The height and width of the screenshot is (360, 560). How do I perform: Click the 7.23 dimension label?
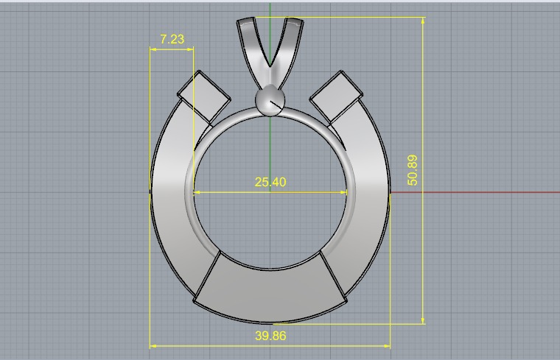[x=172, y=39]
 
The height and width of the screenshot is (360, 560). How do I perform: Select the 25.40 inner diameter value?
[x=270, y=182]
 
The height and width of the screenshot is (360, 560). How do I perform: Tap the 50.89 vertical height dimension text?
[x=412, y=169]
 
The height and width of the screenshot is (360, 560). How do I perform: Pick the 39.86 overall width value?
[x=270, y=336]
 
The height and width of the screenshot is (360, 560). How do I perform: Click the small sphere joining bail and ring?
[x=270, y=101]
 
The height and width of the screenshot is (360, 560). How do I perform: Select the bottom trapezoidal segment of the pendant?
[x=270, y=291]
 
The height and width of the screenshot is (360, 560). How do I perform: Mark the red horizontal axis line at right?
[x=479, y=192]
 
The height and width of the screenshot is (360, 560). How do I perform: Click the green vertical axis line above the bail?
[x=270, y=9]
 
